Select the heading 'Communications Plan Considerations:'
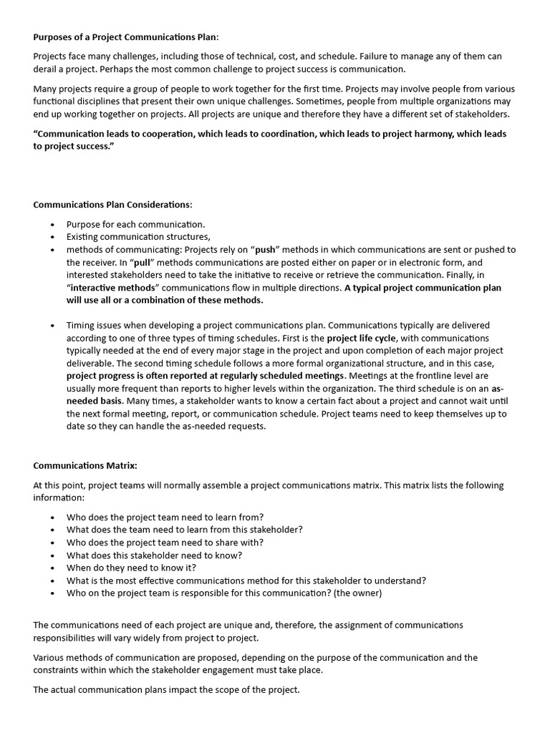click(x=112, y=204)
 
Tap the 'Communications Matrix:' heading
click(x=85, y=465)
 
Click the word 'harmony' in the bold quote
click(x=418, y=134)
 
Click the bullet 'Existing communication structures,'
click(x=138, y=236)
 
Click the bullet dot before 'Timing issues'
click(x=53, y=326)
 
